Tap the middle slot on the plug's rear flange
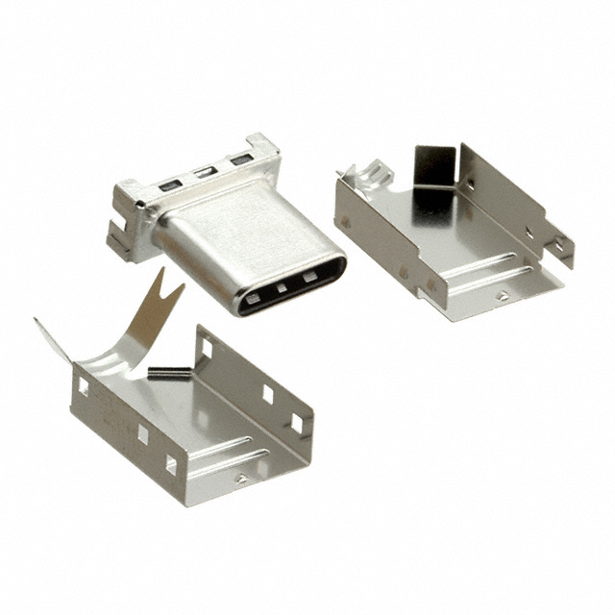click(x=203, y=173)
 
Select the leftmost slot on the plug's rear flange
click(x=170, y=184)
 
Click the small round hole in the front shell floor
click(x=240, y=478)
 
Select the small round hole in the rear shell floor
click(x=502, y=296)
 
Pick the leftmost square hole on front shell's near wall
click(x=83, y=386)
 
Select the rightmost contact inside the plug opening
click(x=310, y=277)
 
